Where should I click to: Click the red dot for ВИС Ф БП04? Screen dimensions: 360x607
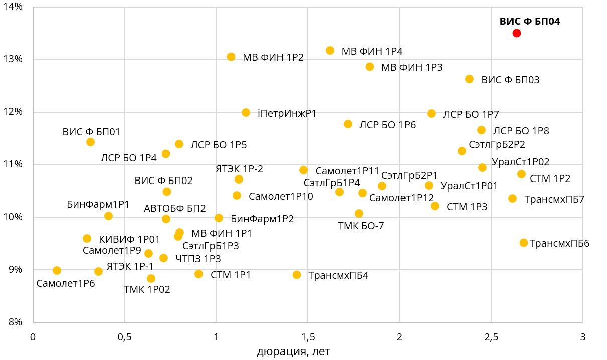click(516, 33)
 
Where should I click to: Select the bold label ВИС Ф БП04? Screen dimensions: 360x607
click(530, 21)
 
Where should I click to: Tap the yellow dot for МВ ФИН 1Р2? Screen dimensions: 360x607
click(231, 57)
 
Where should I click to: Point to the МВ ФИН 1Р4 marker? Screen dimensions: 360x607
click(330, 51)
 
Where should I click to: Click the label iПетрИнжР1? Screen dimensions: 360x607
click(287, 113)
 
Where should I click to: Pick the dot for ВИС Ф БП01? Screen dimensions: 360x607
click(91, 142)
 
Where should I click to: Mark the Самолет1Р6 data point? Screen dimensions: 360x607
click(57, 271)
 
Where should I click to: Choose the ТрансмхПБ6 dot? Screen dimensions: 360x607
click(524, 243)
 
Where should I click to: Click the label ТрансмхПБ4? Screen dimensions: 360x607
click(338, 275)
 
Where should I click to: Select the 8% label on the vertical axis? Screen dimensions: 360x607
click(16, 322)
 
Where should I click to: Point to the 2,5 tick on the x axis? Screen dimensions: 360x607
click(491, 336)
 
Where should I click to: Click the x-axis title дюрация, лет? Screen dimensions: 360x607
click(294, 352)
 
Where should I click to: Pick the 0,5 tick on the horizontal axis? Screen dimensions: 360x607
click(124, 336)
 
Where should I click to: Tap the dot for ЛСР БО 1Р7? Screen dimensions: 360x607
click(431, 114)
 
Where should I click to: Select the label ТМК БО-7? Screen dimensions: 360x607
click(361, 226)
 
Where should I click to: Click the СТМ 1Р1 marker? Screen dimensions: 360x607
click(198, 274)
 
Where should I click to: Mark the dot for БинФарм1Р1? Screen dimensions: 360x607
click(108, 216)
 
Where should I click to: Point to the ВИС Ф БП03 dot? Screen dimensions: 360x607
click(469, 79)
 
